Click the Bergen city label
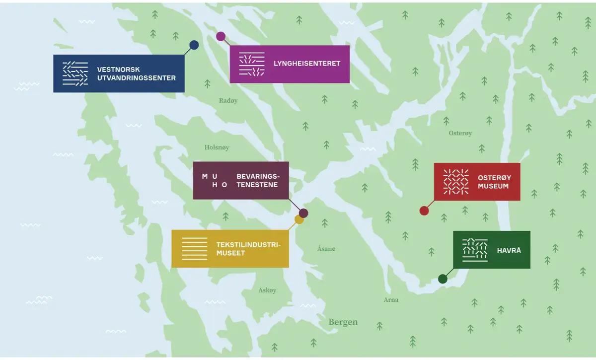click(343, 322)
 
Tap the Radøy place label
click(228, 101)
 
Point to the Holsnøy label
click(217, 147)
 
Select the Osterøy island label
click(460, 133)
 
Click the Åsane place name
click(326, 249)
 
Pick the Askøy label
click(267, 290)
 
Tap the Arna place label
click(391, 300)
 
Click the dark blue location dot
click(194, 45)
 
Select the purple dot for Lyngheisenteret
click(221, 36)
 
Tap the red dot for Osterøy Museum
click(424, 211)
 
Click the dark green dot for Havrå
click(443, 279)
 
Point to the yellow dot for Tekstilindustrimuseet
click(299, 219)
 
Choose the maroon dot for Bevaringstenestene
click(303, 213)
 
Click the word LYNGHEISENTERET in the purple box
click(306, 64)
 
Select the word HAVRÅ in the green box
click(509, 250)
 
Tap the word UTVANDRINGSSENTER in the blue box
click(137, 78)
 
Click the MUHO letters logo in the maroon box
click(215, 180)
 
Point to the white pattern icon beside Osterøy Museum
click(456, 181)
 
